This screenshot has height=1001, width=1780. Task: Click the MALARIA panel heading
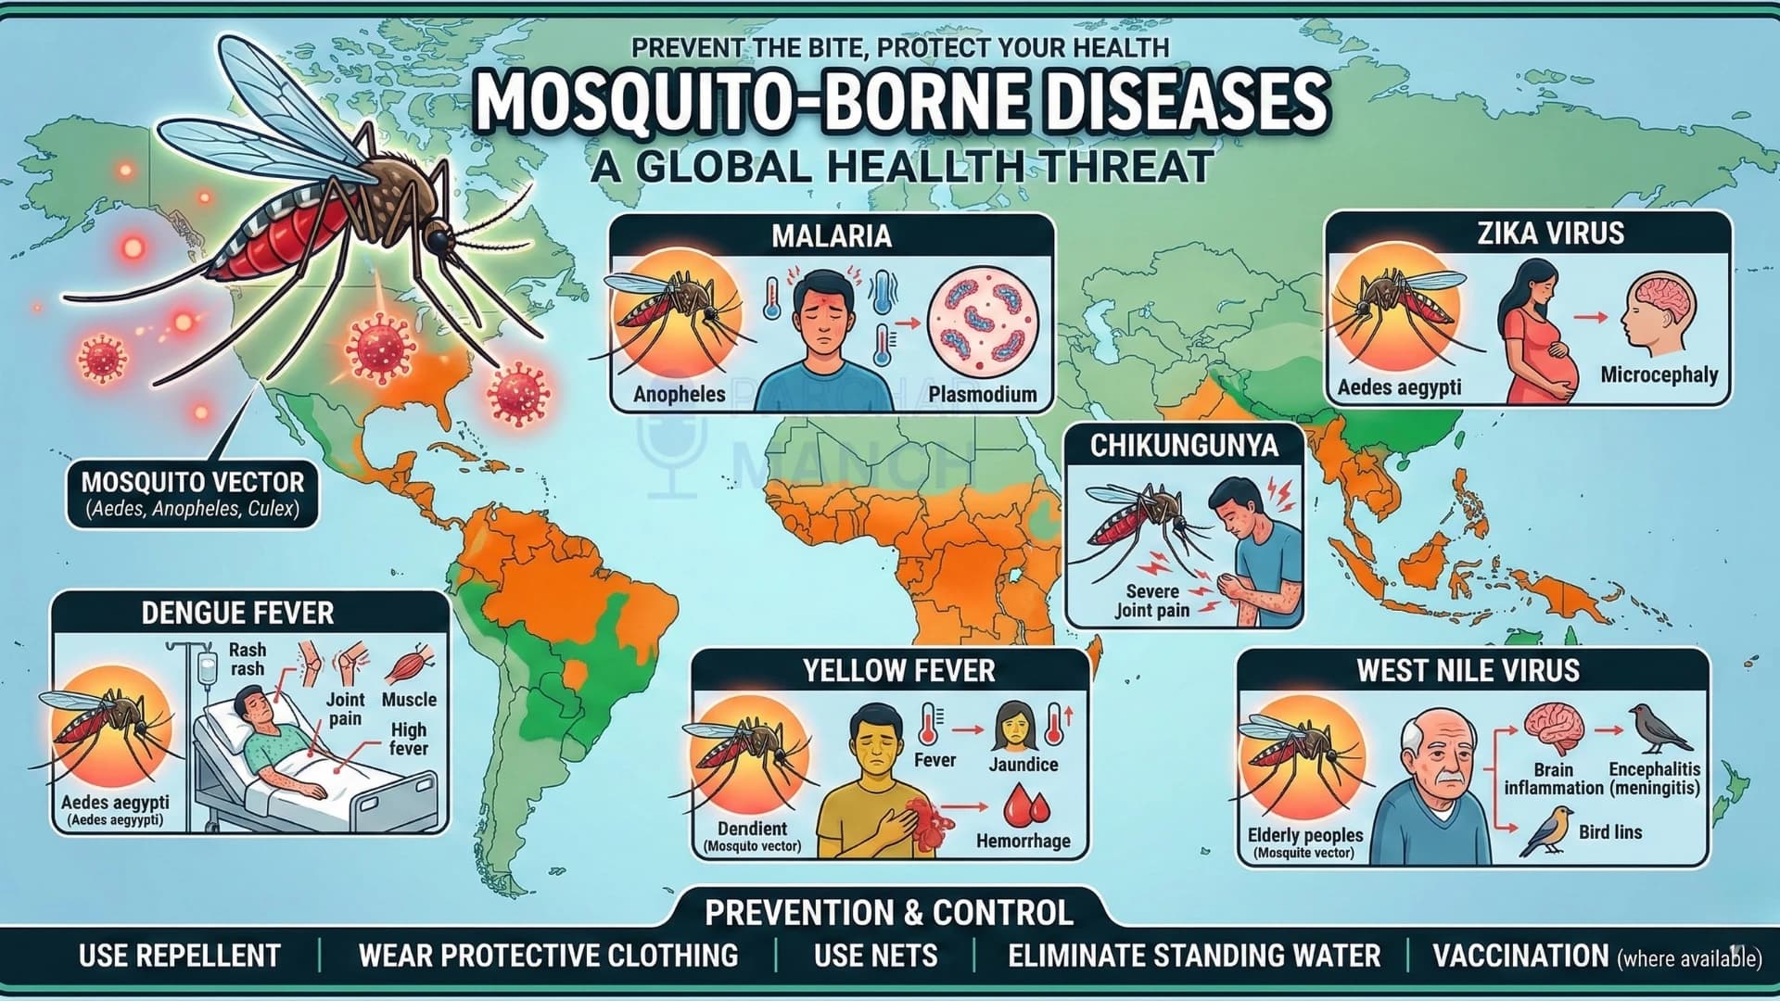(x=831, y=235)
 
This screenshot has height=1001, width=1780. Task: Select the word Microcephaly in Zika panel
(x=1659, y=375)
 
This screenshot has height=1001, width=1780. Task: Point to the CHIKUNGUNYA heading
(x=1184, y=446)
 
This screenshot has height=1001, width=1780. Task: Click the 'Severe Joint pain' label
(x=1152, y=601)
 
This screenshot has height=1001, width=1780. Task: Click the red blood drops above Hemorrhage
(x=1025, y=805)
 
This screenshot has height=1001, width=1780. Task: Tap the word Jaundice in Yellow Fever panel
(x=1023, y=765)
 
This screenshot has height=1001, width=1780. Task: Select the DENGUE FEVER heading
(x=237, y=613)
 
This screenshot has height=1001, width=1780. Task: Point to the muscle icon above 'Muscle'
(x=410, y=665)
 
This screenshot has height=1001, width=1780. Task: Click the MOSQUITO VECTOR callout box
(x=193, y=494)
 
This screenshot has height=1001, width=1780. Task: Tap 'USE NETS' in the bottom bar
(x=875, y=956)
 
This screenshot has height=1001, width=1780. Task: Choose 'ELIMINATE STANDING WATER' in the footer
(x=1194, y=956)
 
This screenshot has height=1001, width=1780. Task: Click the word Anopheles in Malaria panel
(x=679, y=394)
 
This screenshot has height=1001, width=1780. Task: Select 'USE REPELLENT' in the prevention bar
(x=179, y=956)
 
